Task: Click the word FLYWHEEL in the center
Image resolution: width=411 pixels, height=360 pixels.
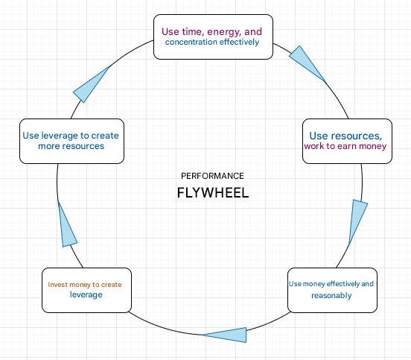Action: (213, 193)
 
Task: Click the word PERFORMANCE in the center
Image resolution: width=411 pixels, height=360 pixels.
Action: (212, 176)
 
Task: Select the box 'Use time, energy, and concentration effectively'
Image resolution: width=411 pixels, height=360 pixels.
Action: (213, 37)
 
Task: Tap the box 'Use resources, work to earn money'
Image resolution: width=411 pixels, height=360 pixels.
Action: (347, 141)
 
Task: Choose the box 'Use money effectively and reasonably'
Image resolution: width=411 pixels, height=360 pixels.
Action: (332, 290)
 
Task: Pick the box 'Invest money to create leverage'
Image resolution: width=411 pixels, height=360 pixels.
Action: (86, 290)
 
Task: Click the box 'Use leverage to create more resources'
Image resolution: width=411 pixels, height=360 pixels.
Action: (71, 141)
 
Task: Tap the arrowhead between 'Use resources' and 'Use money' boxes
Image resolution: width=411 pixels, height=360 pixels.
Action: (357, 221)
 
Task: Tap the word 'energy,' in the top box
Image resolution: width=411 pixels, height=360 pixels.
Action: (224, 32)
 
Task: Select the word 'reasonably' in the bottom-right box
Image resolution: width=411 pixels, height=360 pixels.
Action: (331, 296)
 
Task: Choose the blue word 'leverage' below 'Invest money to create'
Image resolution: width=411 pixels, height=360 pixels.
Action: (86, 294)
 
